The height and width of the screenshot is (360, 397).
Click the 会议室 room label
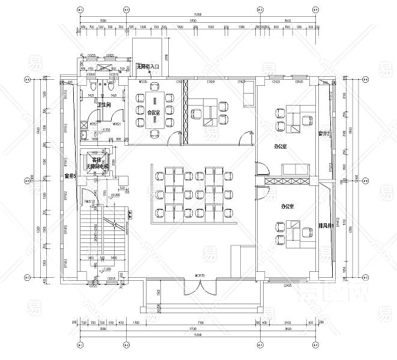coord(154,112)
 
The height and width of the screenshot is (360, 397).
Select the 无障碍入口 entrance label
coord(147,67)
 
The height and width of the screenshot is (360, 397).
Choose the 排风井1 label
coord(325,226)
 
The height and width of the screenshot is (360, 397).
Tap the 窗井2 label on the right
coord(324,133)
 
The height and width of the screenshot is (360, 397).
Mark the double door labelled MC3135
coord(200,277)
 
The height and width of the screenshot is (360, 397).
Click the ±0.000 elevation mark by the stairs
coord(115,194)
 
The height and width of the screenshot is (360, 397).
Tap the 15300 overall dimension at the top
coord(198,14)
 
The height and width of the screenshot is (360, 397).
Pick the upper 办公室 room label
coord(280,146)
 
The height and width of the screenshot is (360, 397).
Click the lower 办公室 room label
coord(288,206)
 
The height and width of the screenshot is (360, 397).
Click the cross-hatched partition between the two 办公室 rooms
coord(287,181)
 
